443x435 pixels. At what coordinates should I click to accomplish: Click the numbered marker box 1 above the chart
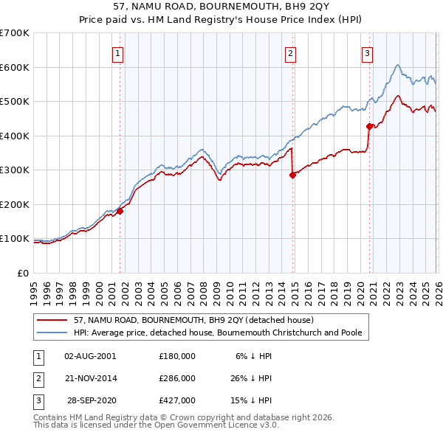point(119,52)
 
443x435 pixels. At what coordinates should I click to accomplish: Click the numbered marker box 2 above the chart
point(291,52)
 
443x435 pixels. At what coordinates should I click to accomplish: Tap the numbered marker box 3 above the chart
point(367,52)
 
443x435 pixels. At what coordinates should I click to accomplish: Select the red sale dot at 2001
point(120,212)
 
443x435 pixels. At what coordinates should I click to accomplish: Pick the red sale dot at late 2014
point(292,175)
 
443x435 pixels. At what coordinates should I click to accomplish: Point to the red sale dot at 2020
point(369,126)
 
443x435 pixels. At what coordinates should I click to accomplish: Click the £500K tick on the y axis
point(15,102)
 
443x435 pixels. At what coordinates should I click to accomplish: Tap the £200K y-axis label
point(15,204)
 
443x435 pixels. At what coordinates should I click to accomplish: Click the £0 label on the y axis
point(24,273)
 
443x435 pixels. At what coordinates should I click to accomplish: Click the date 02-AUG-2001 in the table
point(90,355)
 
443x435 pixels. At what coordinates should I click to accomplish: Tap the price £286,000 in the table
point(177,378)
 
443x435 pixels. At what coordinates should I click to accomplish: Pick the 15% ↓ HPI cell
point(253,401)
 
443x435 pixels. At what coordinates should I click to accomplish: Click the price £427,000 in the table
point(177,401)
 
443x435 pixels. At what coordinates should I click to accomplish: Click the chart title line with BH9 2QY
point(221,7)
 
